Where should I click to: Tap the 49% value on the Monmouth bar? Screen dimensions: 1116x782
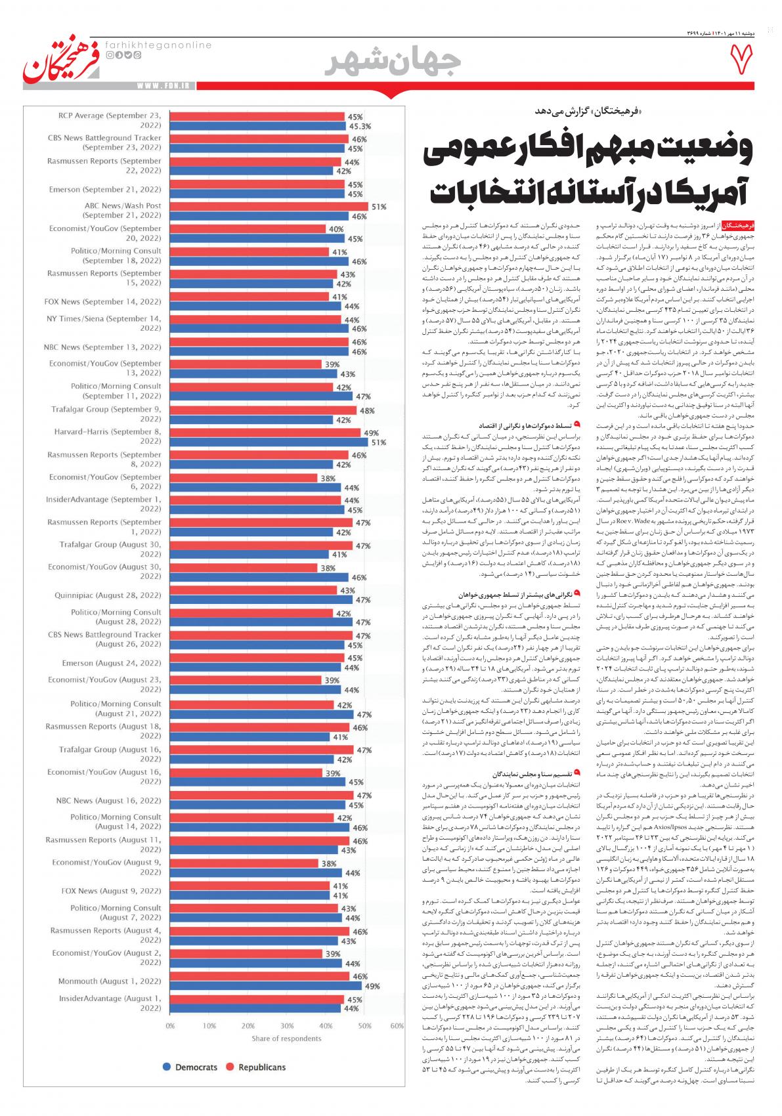[x=372, y=986]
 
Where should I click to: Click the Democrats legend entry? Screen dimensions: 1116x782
[x=190, y=1067]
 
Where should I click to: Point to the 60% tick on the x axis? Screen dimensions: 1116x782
[x=397, y=1025]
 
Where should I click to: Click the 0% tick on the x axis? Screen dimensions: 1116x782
[x=170, y=1025]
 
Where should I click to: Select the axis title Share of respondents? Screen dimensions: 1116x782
[x=286, y=1039]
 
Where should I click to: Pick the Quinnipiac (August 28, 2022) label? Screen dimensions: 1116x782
[x=108, y=595]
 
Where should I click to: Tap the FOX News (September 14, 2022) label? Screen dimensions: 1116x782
[x=102, y=301]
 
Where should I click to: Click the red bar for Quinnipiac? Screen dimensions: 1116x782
[x=253, y=591]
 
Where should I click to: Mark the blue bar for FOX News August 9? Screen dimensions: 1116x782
[x=250, y=895]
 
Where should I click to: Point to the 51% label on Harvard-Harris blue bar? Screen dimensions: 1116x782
[x=378, y=442]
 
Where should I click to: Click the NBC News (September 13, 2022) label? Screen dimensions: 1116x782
[x=102, y=347]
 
